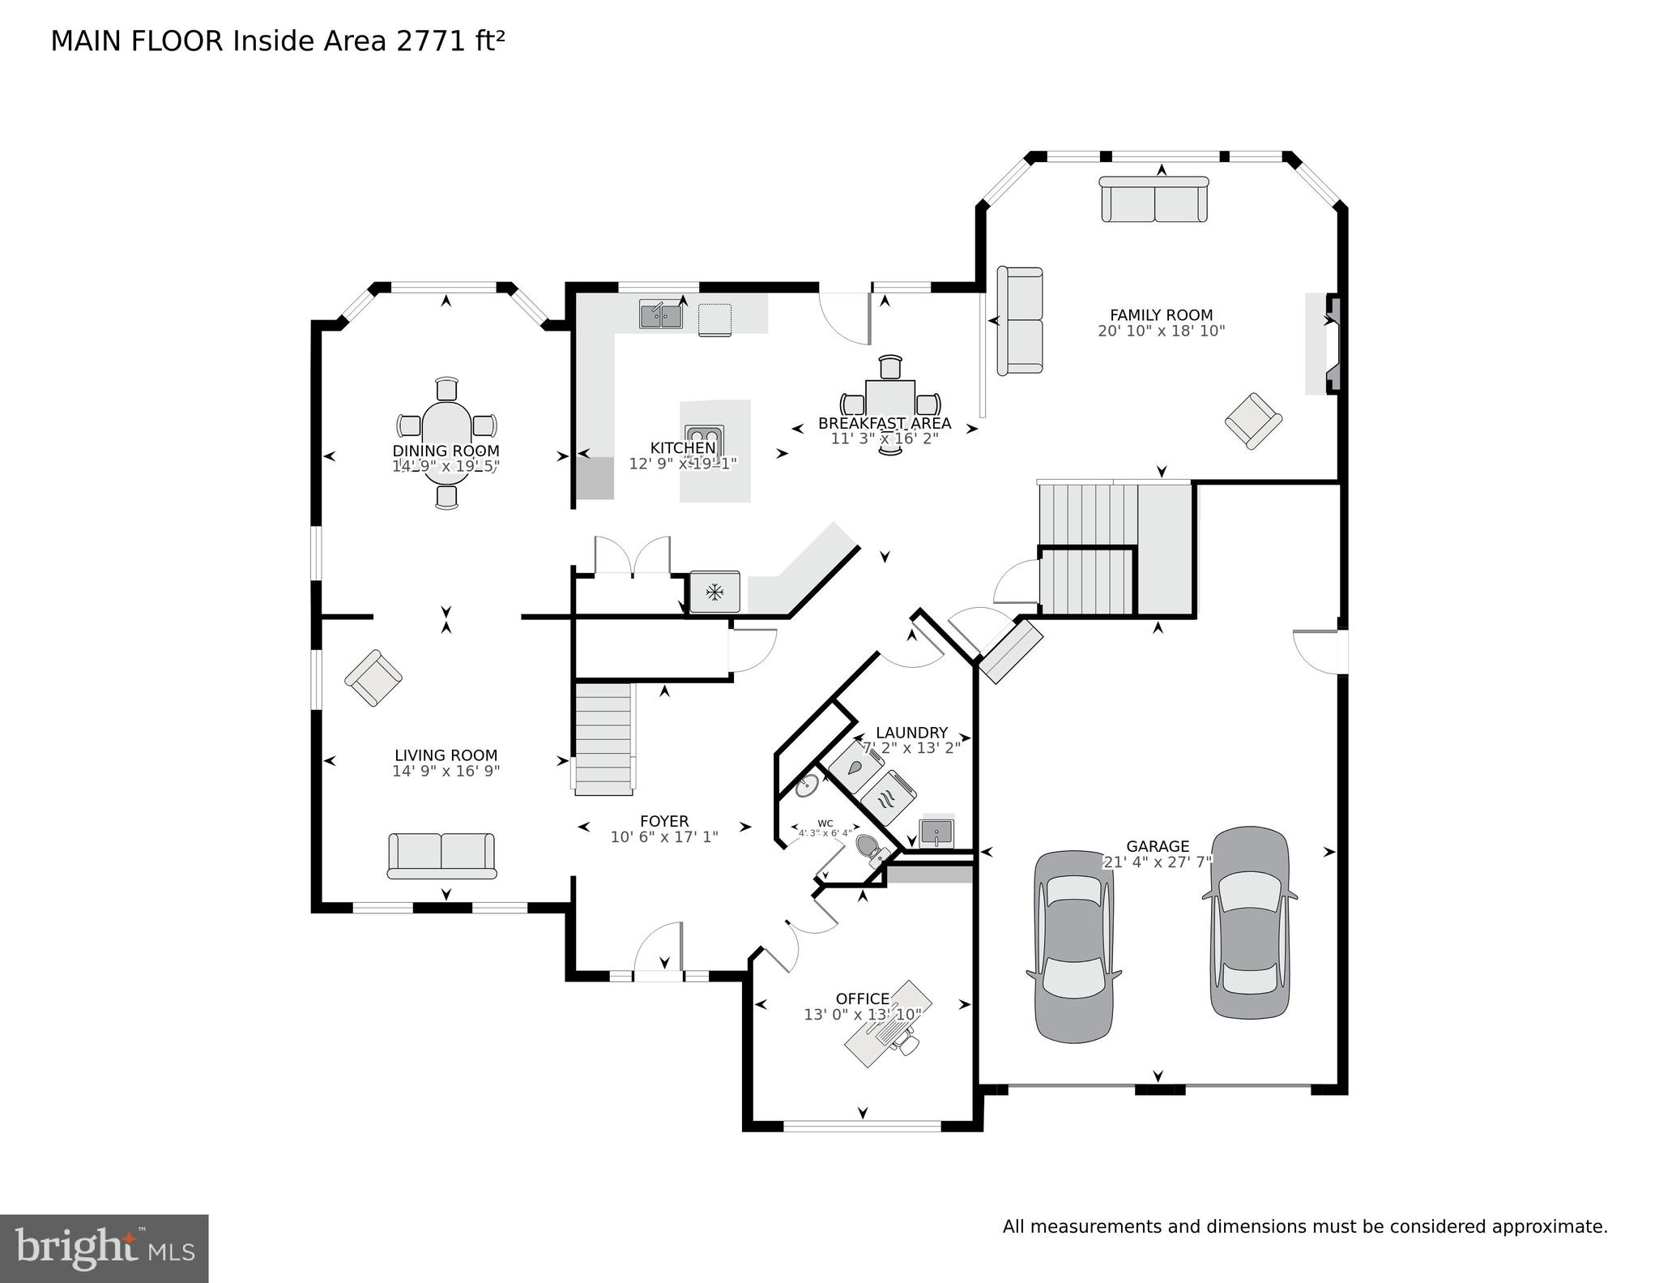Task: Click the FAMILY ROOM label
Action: tap(1161, 315)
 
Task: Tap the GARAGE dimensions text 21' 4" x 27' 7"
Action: tap(1157, 862)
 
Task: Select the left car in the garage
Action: tap(1073, 946)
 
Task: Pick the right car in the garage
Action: tap(1249, 922)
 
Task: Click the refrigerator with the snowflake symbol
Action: tap(714, 592)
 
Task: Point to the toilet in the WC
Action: tap(870, 847)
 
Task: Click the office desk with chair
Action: tap(886, 1025)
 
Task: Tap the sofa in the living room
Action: tap(441, 856)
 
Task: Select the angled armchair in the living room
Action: tap(373, 678)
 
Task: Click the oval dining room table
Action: tap(446, 442)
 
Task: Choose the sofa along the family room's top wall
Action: tap(1154, 199)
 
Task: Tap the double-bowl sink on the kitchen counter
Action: tap(660, 314)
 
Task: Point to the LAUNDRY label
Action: tap(911, 733)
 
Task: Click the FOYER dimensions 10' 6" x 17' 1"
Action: tap(664, 836)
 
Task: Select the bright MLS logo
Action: tap(104, 1248)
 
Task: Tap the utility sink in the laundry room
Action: tap(936, 832)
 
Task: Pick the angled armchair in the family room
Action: tap(1253, 421)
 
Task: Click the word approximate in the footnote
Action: tap(1553, 1226)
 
